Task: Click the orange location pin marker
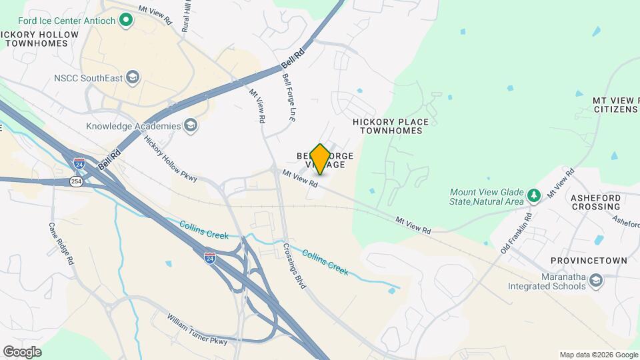point(320,159)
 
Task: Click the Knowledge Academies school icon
point(191,126)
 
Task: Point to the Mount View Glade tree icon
point(533,196)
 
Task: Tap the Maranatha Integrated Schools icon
point(596,282)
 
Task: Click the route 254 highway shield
point(76,181)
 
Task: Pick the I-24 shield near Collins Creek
point(210,259)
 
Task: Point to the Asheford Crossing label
point(595,202)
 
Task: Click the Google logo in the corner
point(22,352)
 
